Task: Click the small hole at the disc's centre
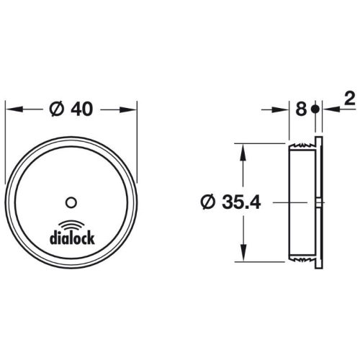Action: [x=71, y=200]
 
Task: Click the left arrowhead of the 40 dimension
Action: [x=11, y=109]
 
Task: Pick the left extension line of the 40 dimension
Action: [x=6, y=144]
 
